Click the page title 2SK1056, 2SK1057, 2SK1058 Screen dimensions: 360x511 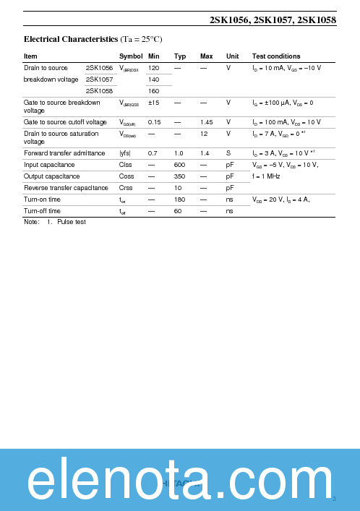273,21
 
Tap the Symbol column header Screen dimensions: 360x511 131,56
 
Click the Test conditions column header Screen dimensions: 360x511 276,56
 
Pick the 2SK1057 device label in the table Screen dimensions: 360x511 99,80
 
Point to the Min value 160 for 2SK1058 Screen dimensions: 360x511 153,91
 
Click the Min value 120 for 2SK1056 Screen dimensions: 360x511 153,68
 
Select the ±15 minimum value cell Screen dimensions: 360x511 154,103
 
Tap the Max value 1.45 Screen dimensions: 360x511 207,122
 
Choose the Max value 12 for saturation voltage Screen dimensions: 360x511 205,134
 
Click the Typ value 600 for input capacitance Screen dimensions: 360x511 180,165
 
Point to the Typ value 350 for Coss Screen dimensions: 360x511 180,176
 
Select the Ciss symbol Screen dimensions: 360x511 127,165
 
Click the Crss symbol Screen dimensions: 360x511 127,188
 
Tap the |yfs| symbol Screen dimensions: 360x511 125,153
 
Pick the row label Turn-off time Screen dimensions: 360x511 42,210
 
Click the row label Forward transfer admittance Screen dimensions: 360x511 64,153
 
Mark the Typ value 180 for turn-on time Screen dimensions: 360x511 180,199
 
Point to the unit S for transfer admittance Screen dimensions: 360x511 228,153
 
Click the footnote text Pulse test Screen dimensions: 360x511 72,222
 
